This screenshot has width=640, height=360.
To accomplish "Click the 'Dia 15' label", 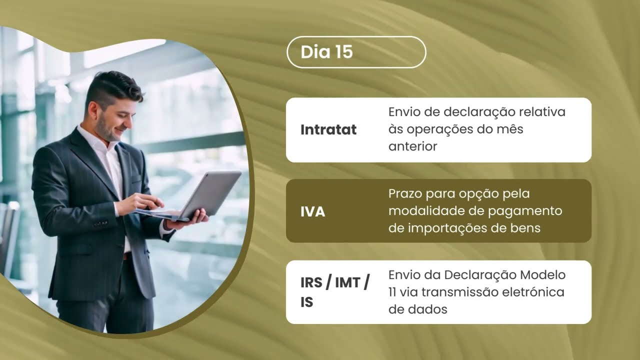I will point(326,52).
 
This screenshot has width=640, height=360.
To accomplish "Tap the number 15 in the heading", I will point(342,52).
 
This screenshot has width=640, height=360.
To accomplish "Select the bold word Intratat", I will point(328,130).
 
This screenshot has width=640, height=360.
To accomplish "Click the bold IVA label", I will point(312,211).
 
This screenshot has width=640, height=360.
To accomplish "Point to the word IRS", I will point(310,282).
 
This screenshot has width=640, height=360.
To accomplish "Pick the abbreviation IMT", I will point(347,282).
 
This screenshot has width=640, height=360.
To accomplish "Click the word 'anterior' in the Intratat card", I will point(412,146).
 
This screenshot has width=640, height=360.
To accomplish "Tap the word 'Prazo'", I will point(406,193).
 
